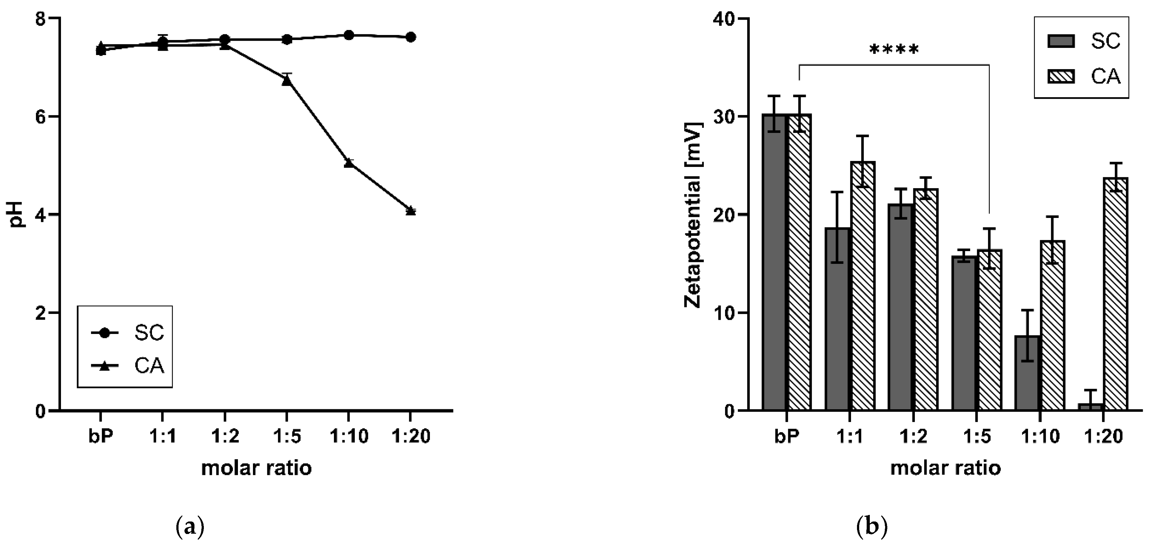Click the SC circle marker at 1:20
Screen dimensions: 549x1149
(411, 37)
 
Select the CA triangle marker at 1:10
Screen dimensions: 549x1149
(349, 163)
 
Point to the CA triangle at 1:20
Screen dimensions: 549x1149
(411, 211)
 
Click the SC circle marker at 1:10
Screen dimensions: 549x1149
(349, 35)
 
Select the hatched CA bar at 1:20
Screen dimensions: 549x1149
(1115, 294)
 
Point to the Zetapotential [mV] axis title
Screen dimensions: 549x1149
(693, 215)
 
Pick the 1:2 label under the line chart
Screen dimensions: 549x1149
(224, 436)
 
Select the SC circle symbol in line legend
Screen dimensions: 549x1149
(105, 333)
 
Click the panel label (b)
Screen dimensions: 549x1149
(872, 527)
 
